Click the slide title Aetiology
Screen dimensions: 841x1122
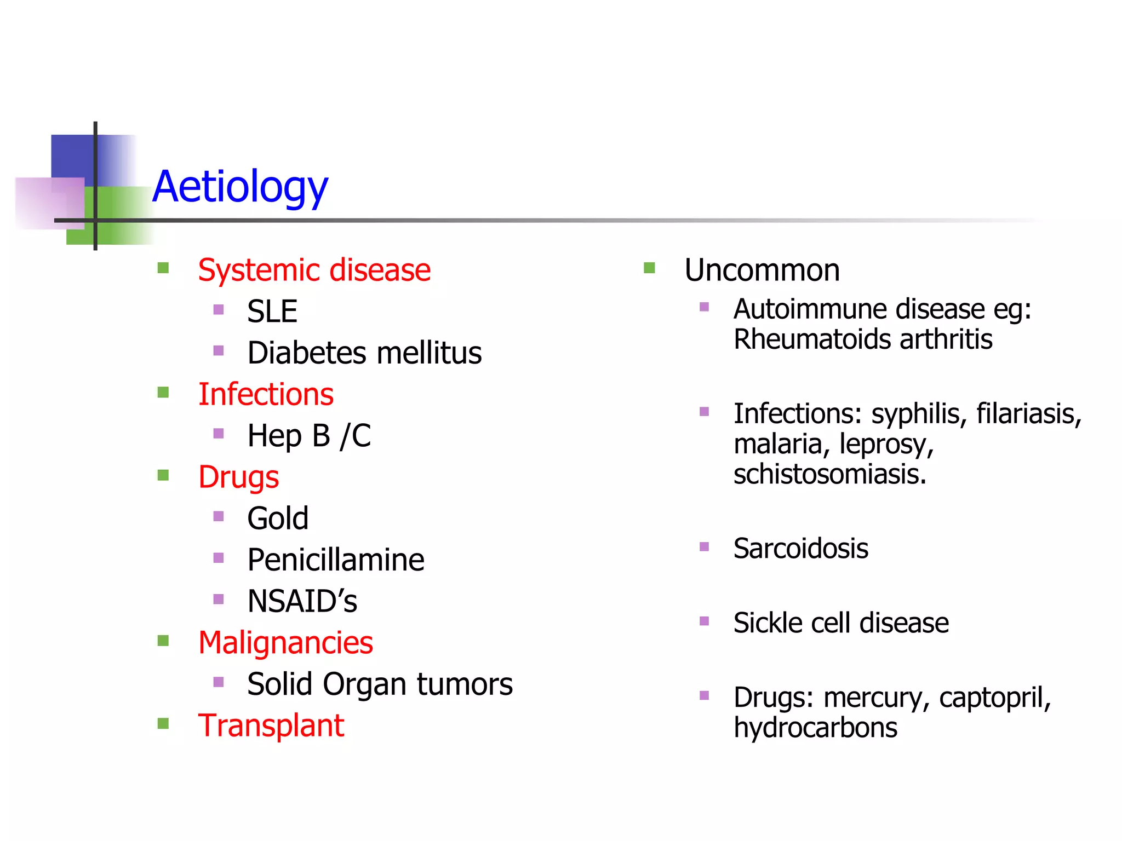[x=240, y=187]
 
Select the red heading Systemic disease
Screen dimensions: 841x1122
[x=314, y=270]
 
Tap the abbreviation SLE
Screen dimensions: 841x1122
[x=272, y=312]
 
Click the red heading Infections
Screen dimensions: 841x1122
[x=266, y=394]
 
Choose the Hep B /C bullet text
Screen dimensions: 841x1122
[x=308, y=436]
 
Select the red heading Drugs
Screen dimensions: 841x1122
[x=238, y=477]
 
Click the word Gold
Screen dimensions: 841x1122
[x=278, y=518]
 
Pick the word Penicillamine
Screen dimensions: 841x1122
[x=335, y=560]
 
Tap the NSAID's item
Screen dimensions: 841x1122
[x=302, y=601]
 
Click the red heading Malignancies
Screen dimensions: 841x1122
[x=285, y=643]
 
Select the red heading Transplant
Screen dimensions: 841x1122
[x=271, y=725]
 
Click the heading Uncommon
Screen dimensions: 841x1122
[x=762, y=270]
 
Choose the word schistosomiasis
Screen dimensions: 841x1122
[x=829, y=474]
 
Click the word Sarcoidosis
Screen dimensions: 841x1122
[x=800, y=549]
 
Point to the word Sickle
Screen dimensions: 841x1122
[x=766, y=623]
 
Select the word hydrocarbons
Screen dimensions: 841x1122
[x=815, y=728]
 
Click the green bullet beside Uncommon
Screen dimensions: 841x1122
[x=649, y=268]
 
